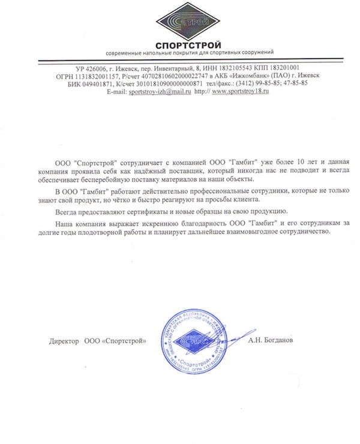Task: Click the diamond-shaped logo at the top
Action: [188, 20]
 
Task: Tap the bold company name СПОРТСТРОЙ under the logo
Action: [188, 44]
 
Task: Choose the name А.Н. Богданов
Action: [271, 341]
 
